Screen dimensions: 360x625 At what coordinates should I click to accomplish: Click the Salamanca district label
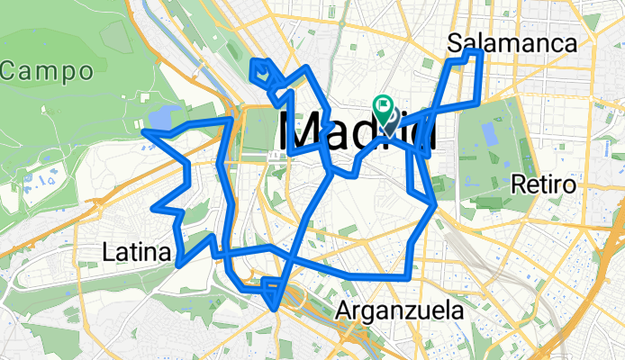click(512, 42)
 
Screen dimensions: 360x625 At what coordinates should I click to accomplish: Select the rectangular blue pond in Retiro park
click(489, 133)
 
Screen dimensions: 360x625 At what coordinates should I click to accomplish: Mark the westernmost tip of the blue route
click(143, 132)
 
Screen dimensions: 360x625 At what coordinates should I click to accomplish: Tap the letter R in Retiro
click(517, 185)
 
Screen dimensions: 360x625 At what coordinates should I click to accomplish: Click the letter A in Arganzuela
click(342, 311)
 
